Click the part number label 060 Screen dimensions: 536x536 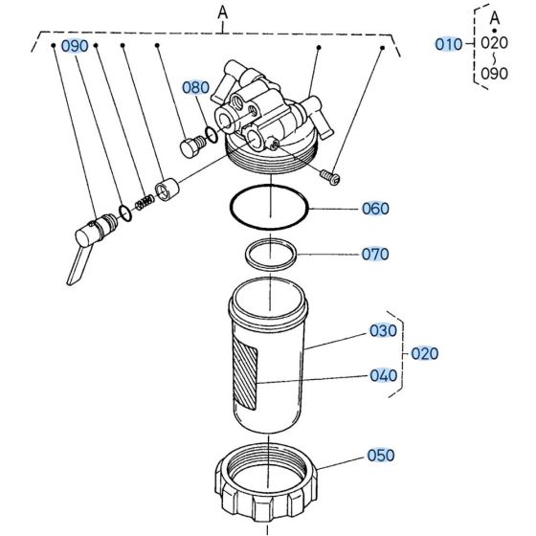375,208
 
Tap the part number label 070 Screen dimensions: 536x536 375,254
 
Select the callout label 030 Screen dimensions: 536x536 383,331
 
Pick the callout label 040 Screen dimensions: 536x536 383,375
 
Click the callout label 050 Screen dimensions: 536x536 381,456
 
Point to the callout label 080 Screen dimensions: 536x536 195,87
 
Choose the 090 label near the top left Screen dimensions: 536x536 75,46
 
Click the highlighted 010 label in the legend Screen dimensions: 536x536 448,44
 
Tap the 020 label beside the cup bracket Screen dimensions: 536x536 424,353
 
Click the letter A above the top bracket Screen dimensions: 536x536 223,11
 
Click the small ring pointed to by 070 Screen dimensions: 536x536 271,255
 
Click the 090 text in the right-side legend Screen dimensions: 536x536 495,73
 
